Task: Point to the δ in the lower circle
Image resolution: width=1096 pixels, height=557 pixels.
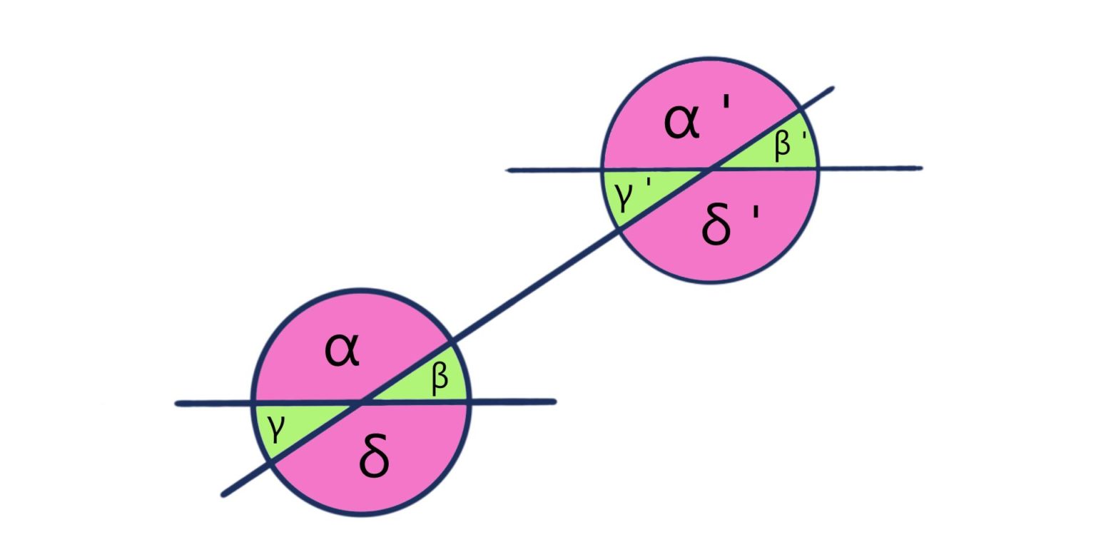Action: [x=375, y=459]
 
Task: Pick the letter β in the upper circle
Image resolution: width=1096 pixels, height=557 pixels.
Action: [x=783, y=144]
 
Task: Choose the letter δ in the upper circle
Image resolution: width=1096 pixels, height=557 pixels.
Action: [x=716, y=227]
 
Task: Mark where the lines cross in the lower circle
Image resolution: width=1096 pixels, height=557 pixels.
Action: [x=361, y=403]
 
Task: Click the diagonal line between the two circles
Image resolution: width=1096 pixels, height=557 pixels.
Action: [x=535, y=286]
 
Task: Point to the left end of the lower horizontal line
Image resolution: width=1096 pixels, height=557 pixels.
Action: [x=178, y=404]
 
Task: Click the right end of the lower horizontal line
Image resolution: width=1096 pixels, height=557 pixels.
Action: [x=554, y=402]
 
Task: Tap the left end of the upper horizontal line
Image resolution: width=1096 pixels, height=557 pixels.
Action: [x=509, y=170]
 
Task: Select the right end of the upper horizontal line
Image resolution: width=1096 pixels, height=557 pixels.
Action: [x=920, y=168]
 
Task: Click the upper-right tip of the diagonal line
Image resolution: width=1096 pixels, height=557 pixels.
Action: [x=831, y=89]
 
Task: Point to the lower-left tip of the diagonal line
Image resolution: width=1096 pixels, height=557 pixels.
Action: [x=224, y=494]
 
